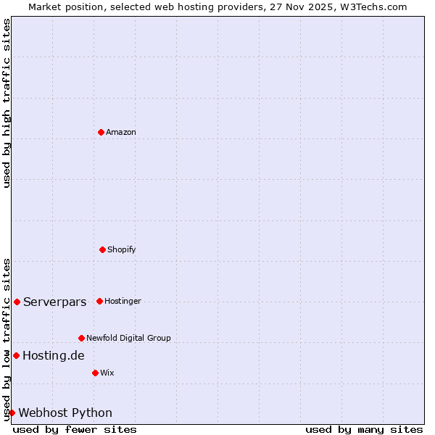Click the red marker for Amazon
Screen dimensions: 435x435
[101, 132]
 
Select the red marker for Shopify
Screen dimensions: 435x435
[102, 249]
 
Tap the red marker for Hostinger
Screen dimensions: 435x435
[99, 301]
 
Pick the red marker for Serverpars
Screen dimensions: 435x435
[17, 302]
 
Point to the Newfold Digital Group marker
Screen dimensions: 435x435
[81, 338]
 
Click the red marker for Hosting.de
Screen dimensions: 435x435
[16, 355]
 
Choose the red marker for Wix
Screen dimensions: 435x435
[95, 373]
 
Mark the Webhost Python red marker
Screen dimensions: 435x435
[12, 413]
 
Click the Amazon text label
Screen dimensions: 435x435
[121, 132]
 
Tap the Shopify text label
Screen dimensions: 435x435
[121, 249]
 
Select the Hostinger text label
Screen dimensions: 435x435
[123, 301]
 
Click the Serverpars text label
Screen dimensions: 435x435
[54, 302]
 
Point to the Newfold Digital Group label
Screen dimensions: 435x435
[128, 338]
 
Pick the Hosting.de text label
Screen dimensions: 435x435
[53, 355]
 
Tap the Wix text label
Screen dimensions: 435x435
[107, 373]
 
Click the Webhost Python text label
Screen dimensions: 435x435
[65, 413]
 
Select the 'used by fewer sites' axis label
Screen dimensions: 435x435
[75, 429]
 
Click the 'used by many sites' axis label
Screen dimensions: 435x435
[364, 429]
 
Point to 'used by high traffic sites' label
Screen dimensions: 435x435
[7, 103]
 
